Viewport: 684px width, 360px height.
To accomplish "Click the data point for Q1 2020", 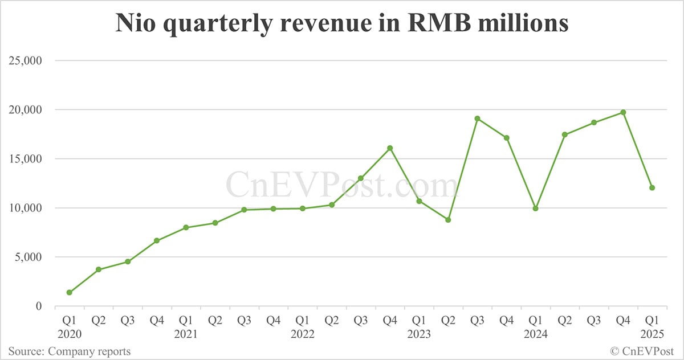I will pos(70,292).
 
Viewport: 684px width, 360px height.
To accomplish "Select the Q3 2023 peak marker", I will pos(477,118).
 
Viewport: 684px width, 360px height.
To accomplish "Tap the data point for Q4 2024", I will pos(623,112).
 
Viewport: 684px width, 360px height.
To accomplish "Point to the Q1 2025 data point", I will pos(652,188).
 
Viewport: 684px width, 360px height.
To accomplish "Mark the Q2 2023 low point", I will pos(448,220).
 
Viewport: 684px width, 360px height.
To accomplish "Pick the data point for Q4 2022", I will pos(390,148).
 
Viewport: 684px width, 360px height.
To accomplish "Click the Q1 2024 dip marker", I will pos(536,208).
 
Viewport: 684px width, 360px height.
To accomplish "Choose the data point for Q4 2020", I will pos(157,240).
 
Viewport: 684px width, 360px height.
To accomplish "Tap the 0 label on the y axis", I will pos(39,306).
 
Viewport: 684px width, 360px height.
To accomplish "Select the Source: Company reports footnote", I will pos(69,351).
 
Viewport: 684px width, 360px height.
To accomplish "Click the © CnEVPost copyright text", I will pos(642,351).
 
